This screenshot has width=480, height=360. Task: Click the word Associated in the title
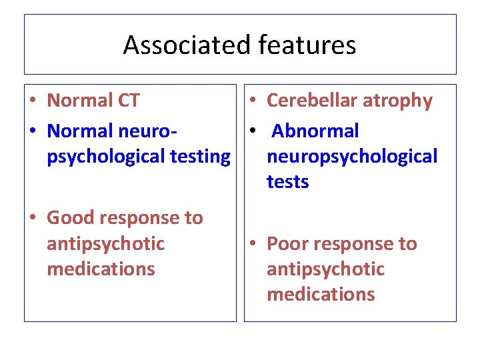pos(177,45)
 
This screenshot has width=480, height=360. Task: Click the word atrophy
pos(400,101)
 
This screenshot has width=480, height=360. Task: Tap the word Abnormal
pos(315,131)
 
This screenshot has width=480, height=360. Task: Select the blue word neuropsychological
pos(352,157)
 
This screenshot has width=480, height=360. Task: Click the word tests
pos(287,182)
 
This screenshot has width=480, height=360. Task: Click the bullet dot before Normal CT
pos(32,101)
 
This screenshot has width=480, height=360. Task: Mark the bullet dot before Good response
pos(32,219)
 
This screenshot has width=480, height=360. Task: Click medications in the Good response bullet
pos(101,269)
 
